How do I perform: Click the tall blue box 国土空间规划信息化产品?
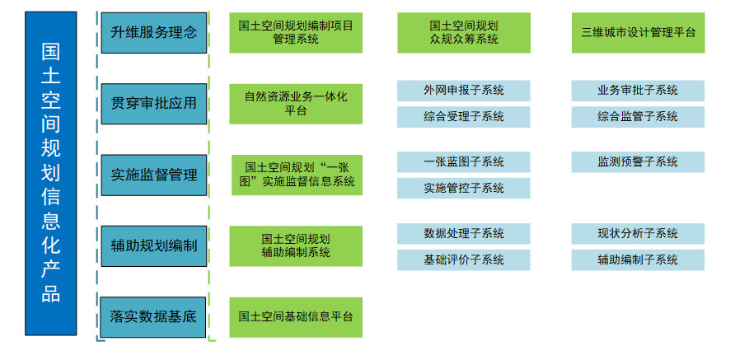50,173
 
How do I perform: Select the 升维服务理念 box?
153,32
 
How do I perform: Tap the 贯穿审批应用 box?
153,103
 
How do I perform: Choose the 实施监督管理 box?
153,175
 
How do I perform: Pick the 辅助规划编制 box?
153,245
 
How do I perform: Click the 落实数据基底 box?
153,316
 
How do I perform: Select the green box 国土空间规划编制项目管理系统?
296,32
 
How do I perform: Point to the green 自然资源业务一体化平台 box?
296,103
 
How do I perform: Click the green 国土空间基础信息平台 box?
296,316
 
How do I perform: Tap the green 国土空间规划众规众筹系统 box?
464,32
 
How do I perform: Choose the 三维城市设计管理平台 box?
638,32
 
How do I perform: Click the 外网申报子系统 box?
464,90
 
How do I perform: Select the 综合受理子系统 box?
464,116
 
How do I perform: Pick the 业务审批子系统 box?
638,90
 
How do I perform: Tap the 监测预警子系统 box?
638,161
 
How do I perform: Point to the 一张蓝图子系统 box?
464,161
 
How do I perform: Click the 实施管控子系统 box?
464,188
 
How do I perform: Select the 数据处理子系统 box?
464,233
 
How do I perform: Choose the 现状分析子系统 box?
638,233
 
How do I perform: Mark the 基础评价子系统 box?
464,259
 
